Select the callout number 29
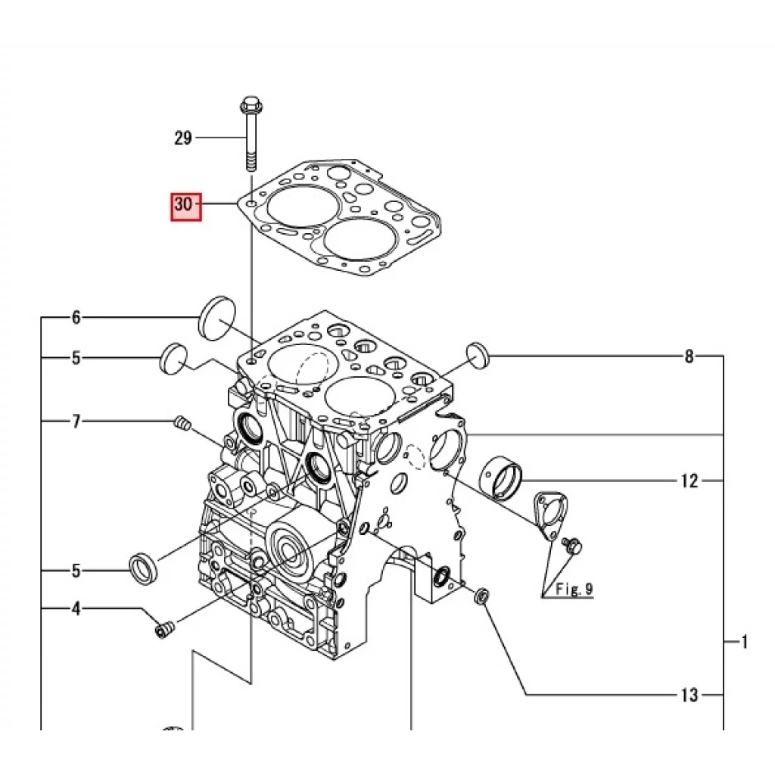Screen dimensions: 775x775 (x=183, y=139)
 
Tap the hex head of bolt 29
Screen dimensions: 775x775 (x=251, y=107)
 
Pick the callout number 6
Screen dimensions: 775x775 (x=76, y=318)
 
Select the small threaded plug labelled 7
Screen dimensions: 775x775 (x=182, y=425)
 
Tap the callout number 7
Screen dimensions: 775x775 (x=76, y=422)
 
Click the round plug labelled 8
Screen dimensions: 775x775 (x=478, y=354)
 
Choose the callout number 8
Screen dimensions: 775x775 (x=689, y=356)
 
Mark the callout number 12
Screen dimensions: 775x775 (x=689, y=481)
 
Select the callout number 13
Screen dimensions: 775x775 (x=689, y=696)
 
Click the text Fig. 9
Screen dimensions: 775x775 (x=574, y=588)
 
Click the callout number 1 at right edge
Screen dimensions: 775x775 (x=745, y=643)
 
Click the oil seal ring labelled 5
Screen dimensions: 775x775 (x=143, y=569)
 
